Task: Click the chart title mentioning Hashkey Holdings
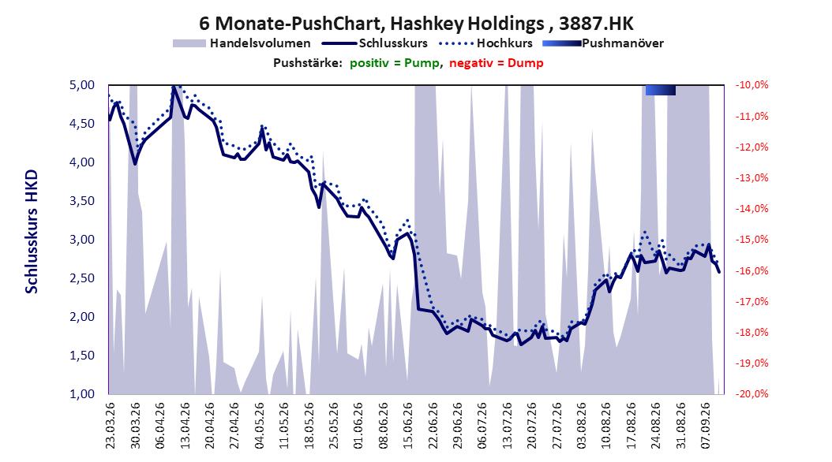tap(416, 24)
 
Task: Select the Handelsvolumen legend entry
tap(242, 43)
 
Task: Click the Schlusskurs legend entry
tap(375, 43)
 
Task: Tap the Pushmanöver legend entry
tap(603, 43)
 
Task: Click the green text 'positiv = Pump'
tap(395, 63)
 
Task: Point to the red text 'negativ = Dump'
tap(497, 63)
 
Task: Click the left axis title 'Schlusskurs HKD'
tap(32, 232)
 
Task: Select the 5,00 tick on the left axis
tap(82, 85)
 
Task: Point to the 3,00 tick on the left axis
tap(82, 240)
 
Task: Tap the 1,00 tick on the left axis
tap(82, 394)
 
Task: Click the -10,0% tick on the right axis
tap(751, 85)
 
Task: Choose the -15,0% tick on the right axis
tap(751, 240)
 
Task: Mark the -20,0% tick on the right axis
tap(751, 394)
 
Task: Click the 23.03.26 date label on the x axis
tap(110, 426)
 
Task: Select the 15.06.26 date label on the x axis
tap(408, 426)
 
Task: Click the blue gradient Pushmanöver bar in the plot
tap(661, 91)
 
